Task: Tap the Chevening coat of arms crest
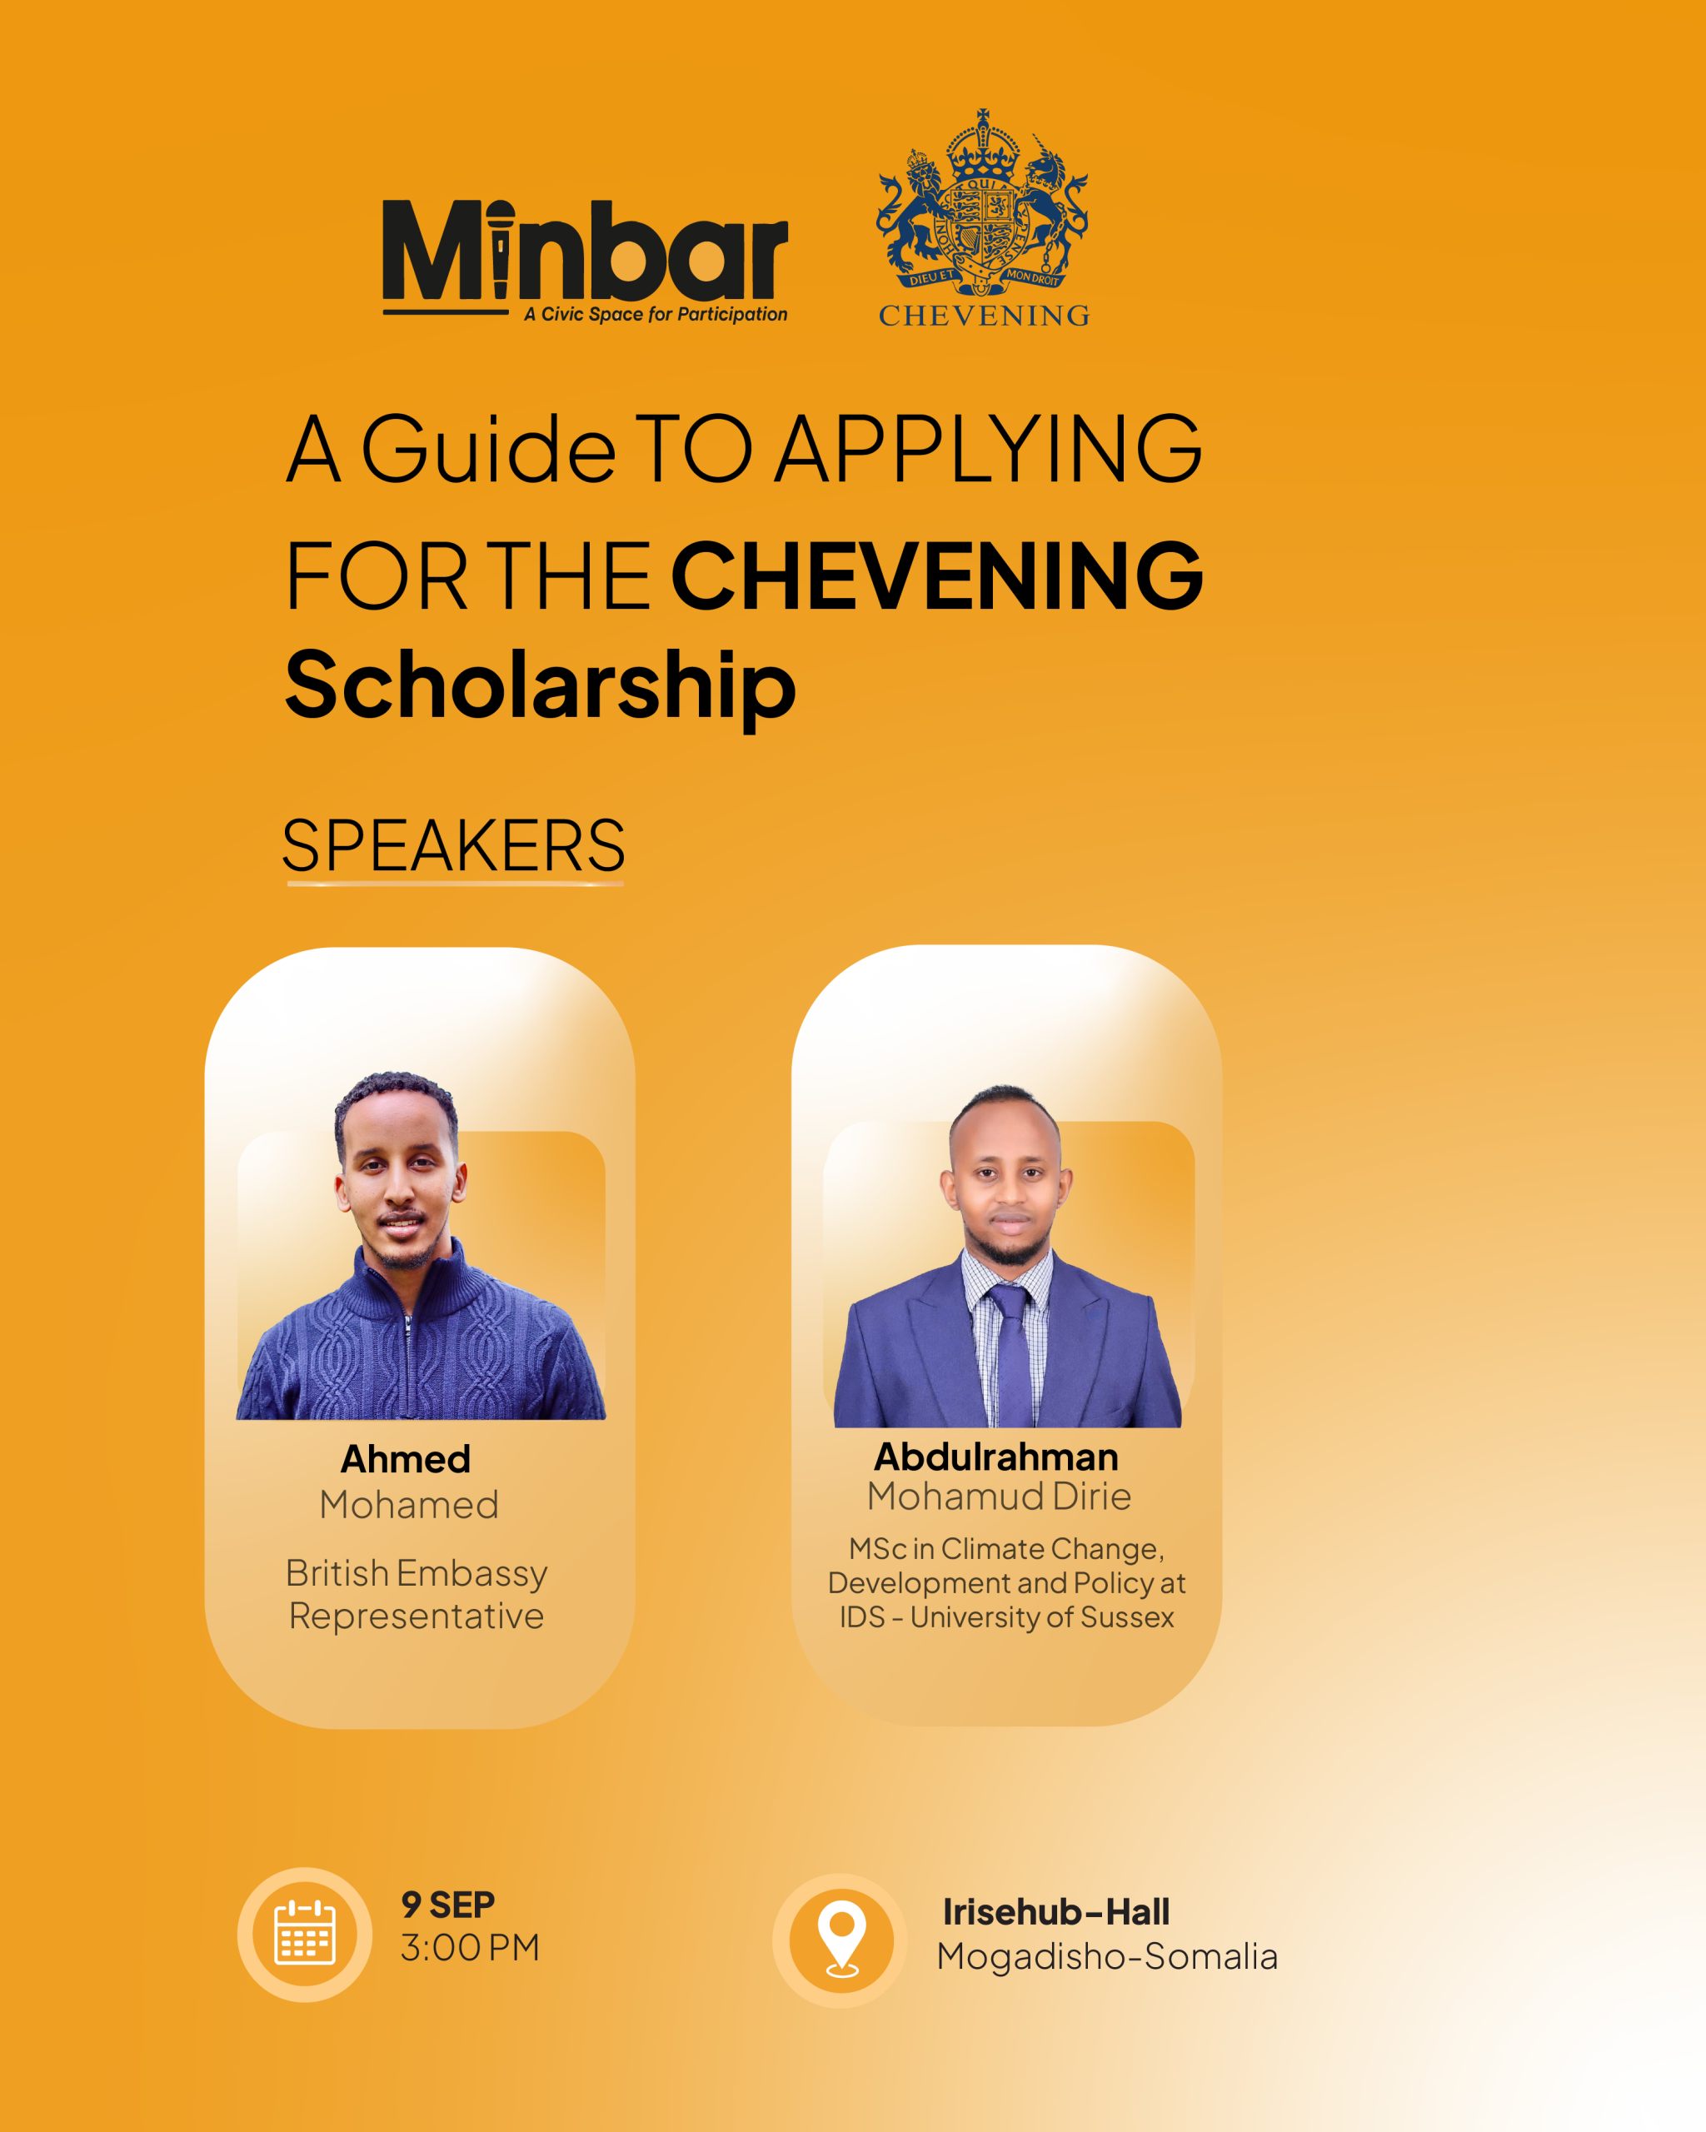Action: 982,202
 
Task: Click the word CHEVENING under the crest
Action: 984,316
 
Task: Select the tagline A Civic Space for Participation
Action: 656,315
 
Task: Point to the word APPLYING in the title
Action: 989,449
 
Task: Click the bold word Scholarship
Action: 540,686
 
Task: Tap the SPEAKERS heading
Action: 454,845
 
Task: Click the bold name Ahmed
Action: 406,1458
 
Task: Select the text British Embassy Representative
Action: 417,1594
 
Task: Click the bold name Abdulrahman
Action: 996,1457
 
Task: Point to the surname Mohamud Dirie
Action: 999,1497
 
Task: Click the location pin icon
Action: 841,1939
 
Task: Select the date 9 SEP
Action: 448,1905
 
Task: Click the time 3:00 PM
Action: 470,1948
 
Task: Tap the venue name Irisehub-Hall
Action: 1055,1912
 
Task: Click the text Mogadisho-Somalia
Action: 1108,1957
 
